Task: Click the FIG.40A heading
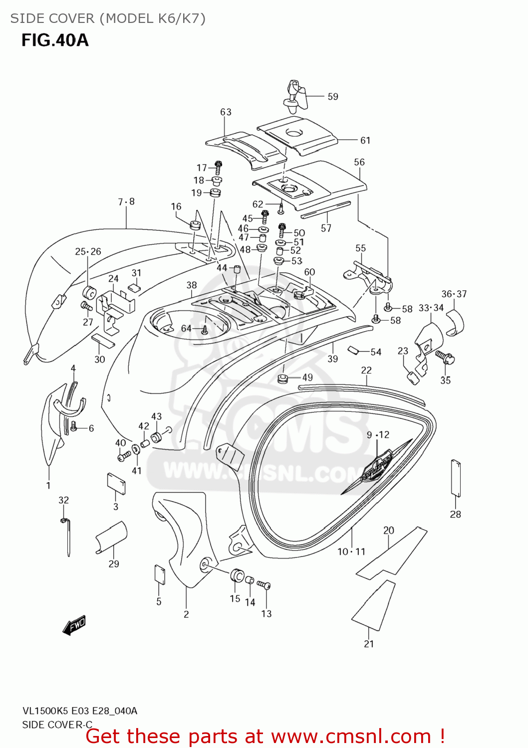[x=55, y=40]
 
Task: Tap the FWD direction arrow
[x=74, y=625]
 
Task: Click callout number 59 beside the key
[x=333, y=97]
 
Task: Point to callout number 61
[x=365, y=141]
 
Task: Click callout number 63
[x=226, y=112]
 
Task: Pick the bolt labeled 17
[x=218, y=167]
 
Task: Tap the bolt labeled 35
[x=444, y=356]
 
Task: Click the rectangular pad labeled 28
[x=455, y=478]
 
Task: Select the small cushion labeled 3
[x=116, y=483]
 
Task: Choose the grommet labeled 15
[x=237, y=575]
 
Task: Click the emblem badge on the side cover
[x=377, y=467]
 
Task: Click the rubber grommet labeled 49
[x=282, y=378]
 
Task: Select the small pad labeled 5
[x=159, y=574]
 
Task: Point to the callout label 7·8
[x=126, y=202]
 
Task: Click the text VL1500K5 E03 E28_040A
[x=79, y=711]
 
